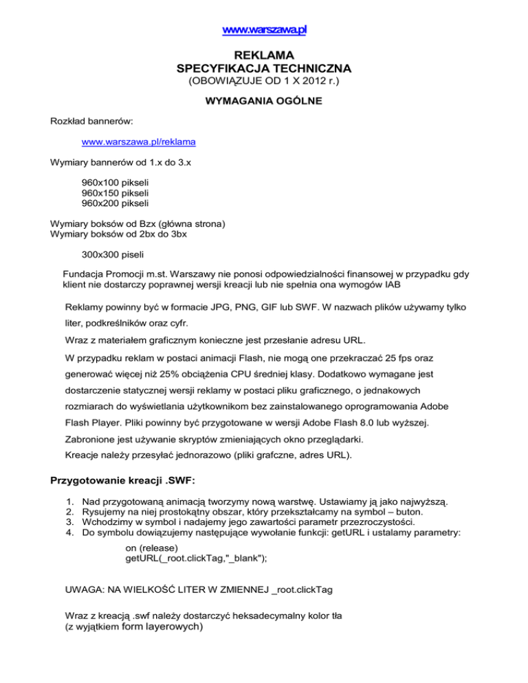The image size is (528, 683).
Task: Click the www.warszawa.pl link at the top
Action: [x=264, y=30]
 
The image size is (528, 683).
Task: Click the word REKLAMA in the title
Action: [x=264, y=55]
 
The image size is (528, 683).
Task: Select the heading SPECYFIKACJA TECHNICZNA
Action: [x=264, y=69]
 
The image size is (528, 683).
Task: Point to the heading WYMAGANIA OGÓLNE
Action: [x=264, y=102]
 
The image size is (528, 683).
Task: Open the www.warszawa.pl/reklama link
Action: [x=138, y=142]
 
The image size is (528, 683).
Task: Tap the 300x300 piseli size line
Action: [x=111, y=254]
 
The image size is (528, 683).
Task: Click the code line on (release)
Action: [x=153, y=548]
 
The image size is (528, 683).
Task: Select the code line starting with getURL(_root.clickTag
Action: [x=196, y=559]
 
